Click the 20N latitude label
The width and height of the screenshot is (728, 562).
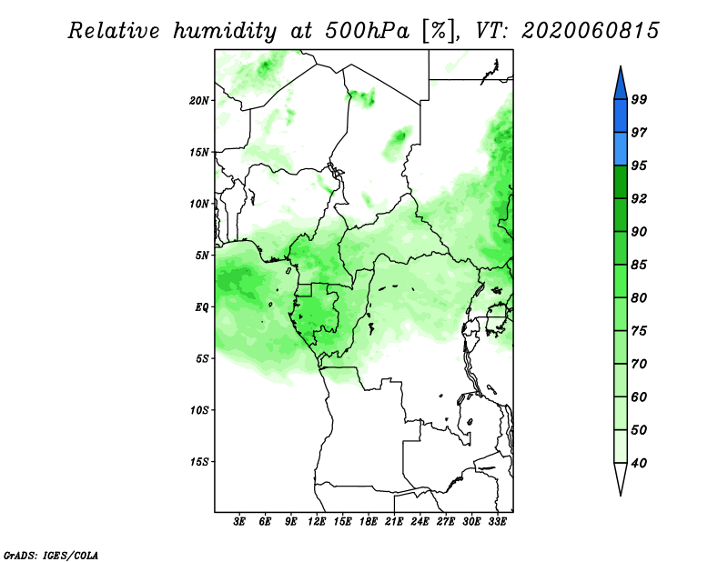coord(199,101)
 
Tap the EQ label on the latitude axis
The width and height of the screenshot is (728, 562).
coord(201,307)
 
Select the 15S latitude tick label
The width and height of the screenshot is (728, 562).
coord(199,462)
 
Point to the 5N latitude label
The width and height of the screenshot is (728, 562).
coord(202,256)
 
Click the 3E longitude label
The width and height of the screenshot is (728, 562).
coord(239,522)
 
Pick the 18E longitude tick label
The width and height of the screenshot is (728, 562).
coord(369,522)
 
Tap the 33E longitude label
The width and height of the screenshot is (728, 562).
coord(497,522)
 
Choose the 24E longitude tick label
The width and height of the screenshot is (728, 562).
coord(420,522)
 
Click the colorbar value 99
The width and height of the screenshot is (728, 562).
coord(639,99)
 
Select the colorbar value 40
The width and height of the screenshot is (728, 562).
coord(639,463)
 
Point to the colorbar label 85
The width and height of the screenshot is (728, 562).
coord(639,265)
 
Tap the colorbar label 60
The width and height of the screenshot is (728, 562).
coord(639,396)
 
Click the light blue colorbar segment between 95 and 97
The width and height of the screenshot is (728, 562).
coord(621,149)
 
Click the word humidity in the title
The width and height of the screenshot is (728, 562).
coord(225,31)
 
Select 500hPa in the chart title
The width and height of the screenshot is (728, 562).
coord(368,31)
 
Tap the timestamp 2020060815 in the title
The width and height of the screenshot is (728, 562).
coord(591,31)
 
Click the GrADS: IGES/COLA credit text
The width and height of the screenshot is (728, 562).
coord(51,556)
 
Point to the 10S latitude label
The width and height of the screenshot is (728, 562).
coord(199,410)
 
